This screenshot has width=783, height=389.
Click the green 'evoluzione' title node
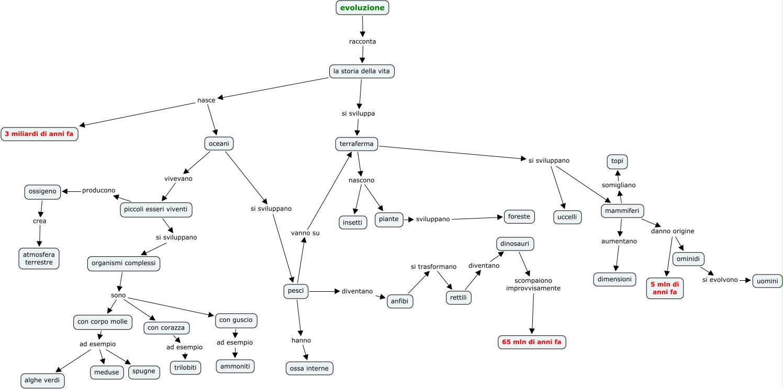tap(362, 8)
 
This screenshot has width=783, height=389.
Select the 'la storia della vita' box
tap(362, 71)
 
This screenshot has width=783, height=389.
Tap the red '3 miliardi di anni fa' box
tap(39, 134)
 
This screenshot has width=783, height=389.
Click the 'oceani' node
tap(219, 143)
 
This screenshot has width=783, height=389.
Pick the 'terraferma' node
tap(356, 144)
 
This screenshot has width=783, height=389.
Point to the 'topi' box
tap(617, 162)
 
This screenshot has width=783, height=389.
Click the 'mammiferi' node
tap(622, 211)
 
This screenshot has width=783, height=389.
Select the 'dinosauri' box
tap(515, 244)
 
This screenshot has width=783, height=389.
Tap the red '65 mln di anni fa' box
tap(532, 342)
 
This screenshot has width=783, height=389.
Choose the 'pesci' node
tap(296, 291)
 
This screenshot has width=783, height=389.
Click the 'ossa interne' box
tap(309, 369)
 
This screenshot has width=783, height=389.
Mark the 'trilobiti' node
tap(185, 368)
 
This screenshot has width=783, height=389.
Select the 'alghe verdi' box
tap(42, 380)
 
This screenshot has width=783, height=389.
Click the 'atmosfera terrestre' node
tap(39, 259)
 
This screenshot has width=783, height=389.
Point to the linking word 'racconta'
tap(363, 41)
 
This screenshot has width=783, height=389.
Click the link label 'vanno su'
tap(305, 233)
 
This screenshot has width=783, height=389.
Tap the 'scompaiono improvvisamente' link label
tap(533, 284)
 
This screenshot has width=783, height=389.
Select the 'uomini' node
tap(767, 281)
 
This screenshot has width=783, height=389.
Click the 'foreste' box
tap(519, 216)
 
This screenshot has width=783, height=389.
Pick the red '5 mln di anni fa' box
tap(665, 289)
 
